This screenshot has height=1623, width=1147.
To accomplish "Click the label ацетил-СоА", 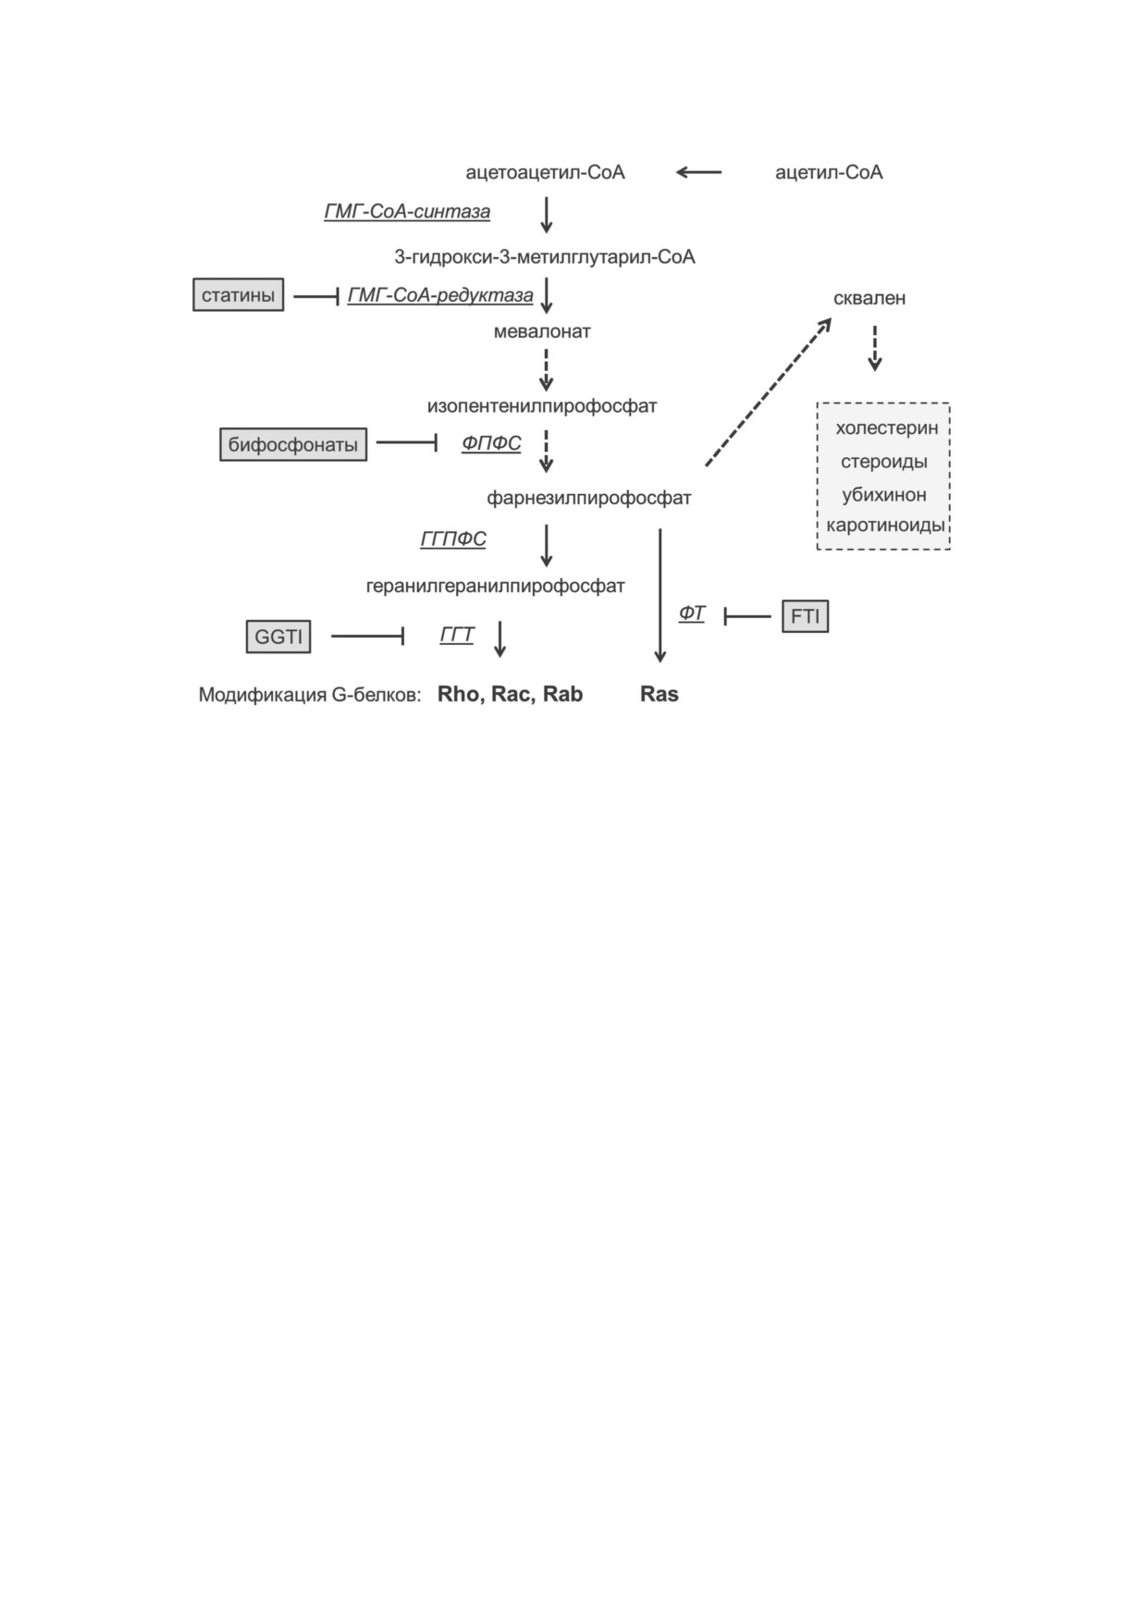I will (829, 172).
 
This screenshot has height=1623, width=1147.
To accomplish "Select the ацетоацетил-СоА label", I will (545, 172).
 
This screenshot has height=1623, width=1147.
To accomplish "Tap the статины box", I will (239, 295).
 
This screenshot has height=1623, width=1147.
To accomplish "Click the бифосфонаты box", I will (293, 444).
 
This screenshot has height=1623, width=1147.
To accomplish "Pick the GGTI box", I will (278, 637).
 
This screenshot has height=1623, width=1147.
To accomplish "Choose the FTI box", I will (805, 616).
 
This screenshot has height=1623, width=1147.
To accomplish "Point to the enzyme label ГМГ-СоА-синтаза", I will (407, 212).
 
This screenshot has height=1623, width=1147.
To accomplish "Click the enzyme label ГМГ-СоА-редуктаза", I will (440, 295).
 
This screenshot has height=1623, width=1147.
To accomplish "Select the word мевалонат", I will (542, 331).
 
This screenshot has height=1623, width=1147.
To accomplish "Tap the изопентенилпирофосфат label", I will (542, 406).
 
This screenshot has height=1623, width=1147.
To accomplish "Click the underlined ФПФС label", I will (491, 443).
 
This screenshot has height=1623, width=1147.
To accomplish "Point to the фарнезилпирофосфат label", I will (589, 498).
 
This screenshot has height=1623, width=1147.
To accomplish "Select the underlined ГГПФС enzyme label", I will (453, 539).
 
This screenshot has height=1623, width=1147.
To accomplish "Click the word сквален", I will (869, 298).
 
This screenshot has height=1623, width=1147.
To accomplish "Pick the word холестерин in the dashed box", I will (886, 427).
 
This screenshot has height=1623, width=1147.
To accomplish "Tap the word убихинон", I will (884, 494).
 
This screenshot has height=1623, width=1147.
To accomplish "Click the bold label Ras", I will (660, 694).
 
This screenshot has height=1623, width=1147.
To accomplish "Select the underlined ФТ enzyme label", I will (692, 613).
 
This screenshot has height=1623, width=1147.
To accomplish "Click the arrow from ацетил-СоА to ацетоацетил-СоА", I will (699, 172).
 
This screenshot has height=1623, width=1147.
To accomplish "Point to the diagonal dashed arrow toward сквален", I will (768, 391).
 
